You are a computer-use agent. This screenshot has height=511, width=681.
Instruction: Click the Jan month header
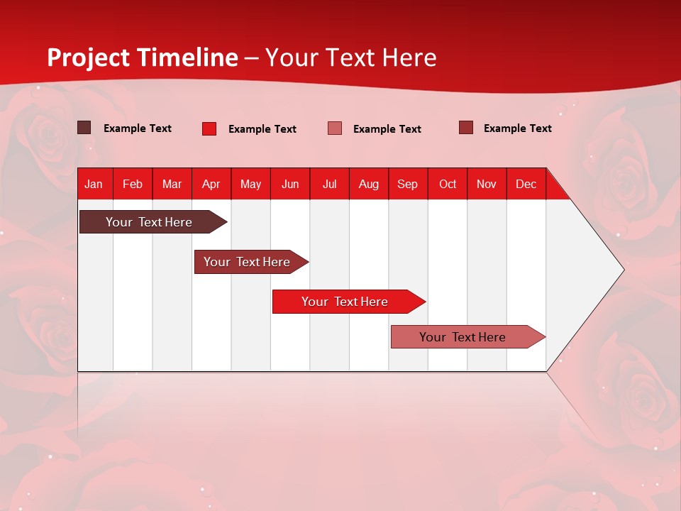pos(94,185)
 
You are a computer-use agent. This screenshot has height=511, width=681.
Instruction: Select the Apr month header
pos(211,185)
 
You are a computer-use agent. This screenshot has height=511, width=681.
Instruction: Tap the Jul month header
pos(329,185)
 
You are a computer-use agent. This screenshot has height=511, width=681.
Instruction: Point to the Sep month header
pos(407,185)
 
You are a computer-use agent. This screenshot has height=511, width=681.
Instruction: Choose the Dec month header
pos(526,185)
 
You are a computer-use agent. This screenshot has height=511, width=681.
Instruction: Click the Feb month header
pos(133,185)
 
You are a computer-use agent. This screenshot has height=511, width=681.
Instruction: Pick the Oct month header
pos(448,185)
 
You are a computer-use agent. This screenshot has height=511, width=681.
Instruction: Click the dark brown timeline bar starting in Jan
pos(149,222)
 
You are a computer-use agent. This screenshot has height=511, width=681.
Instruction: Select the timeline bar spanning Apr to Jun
pos(247,262)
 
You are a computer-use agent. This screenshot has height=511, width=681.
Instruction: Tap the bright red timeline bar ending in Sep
pos(345,302)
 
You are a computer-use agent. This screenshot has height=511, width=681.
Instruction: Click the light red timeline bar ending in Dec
pos(463,337)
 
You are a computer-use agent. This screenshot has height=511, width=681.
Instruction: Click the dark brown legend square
pos(84,128)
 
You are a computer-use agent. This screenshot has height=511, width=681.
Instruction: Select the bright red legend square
pos(209,128)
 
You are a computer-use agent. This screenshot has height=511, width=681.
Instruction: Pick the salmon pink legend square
pos(335,128)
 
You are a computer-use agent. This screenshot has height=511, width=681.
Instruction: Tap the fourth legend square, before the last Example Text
pos(466,128)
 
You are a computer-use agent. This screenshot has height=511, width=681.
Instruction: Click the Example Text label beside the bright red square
pos(262,129)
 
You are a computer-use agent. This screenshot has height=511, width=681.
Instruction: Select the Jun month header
pos(290,185)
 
